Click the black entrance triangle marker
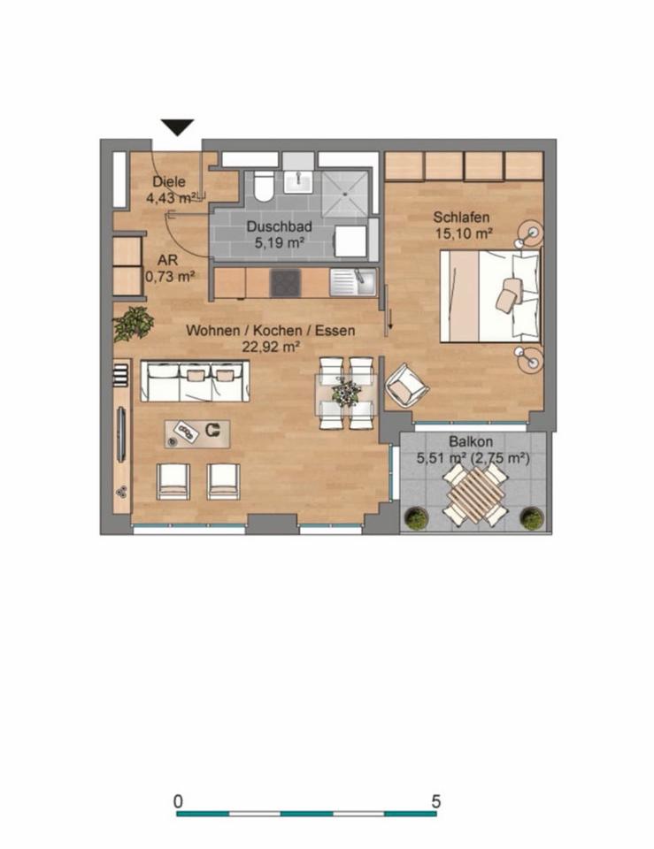tap(177, 127)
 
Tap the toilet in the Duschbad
tap(264, 187)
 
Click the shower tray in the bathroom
tap(345, 195)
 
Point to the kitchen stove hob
tap(285, 283)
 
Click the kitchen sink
tap(353, 283)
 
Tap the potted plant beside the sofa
tap(133, 324)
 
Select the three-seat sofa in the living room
tap(195, 381)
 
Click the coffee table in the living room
tap(197, 433)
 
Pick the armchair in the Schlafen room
tap(406, 385)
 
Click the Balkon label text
tap(470, 441)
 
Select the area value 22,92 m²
tap(271, 347)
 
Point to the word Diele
tap(169, 182)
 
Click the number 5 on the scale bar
tap(436, 801)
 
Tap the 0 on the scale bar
tap(178, 801)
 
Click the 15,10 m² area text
tap(464, 233)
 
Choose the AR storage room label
tap(168, 260)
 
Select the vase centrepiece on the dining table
tap(346, 392)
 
